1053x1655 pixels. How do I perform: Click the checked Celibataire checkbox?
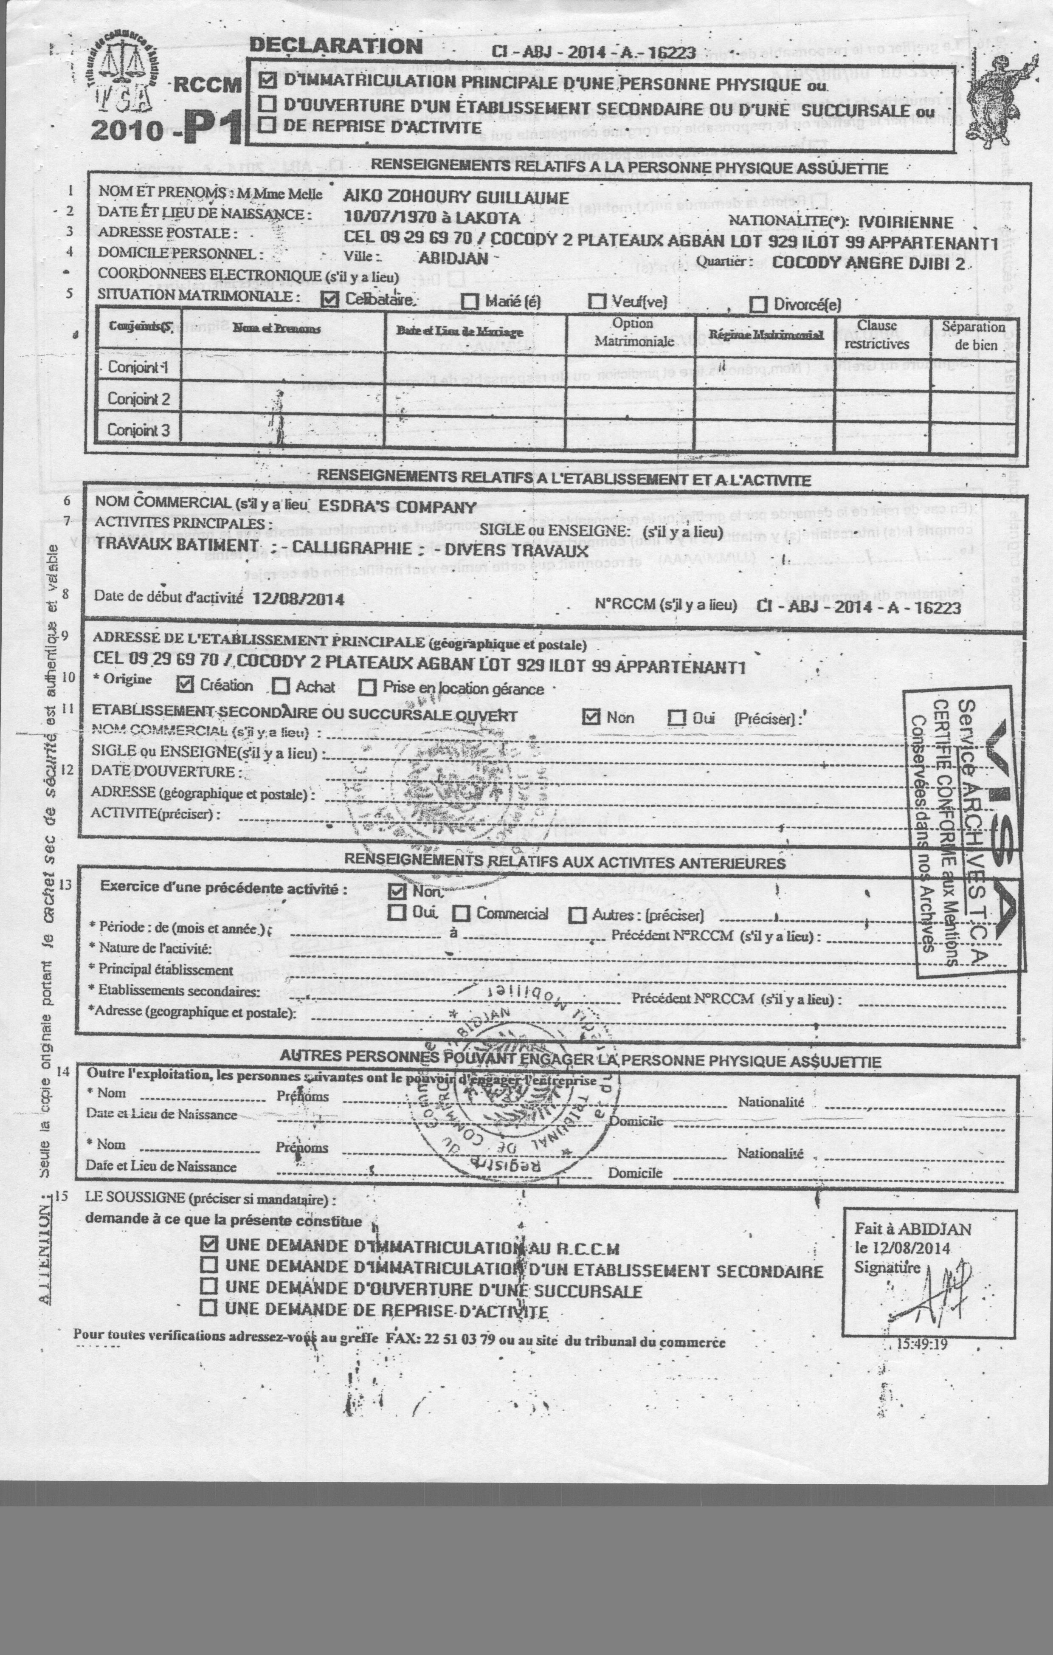click(x=331, y=300)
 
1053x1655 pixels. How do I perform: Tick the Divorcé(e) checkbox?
click(x=758, y=304)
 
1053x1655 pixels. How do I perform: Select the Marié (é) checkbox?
click(x=470, y=301)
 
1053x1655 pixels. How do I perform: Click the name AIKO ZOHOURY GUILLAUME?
click(x=456, y=197)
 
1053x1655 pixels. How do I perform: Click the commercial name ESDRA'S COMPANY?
click(x=398, y=507)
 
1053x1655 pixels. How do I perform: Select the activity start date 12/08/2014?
click(x=298, y=598)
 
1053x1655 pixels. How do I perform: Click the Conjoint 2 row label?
click(x=138, y=399)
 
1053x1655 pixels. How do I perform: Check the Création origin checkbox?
click(x=185, y=685)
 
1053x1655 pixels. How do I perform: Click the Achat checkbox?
click(x=280, y=686)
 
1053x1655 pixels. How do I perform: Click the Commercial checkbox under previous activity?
click(x=461, y=913)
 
